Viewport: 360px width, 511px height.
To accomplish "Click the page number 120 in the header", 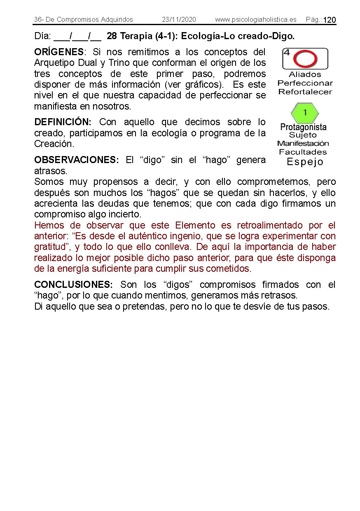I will [330, 20].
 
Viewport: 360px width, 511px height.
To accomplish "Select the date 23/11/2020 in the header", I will [179, 20].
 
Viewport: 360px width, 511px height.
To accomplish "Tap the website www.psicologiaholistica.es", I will [255, 20].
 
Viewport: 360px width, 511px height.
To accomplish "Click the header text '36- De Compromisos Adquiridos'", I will [84, 20].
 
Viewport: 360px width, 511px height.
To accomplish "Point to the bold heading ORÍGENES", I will [59, 52].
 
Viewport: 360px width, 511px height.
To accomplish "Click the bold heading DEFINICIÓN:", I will [63, 122].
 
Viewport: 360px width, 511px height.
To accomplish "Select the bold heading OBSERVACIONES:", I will [76, 160].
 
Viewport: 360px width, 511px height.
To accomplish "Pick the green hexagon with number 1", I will [305, 113].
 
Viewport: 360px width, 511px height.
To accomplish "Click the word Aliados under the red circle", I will [305, 75].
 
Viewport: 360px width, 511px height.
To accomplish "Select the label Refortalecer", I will [305, 92].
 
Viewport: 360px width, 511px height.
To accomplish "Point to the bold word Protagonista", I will [303, 127].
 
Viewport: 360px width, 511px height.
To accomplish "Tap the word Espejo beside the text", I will [305, 162].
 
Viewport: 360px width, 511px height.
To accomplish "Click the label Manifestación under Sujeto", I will [303, 144].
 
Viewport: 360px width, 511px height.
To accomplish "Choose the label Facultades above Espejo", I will [303, 152].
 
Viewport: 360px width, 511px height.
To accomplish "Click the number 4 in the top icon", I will [287, 53].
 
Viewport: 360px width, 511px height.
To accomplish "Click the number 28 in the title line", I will [112, 36].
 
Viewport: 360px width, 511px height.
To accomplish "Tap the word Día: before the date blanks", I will [42, 36].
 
